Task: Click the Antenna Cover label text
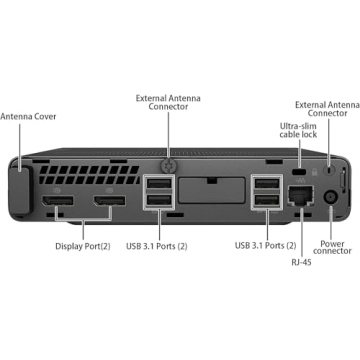coord(28,117)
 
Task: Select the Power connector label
coord(333,247)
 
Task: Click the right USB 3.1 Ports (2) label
coord(265,243)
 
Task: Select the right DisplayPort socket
coord(110,209)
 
